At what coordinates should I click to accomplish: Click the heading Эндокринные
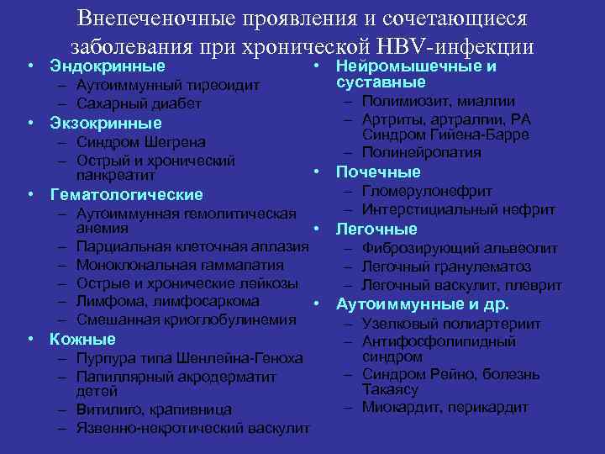coord(107,66)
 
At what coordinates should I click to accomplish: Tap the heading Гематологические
coord(126,194)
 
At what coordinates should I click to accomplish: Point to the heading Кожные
coord(82,340)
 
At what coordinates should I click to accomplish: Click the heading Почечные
coord(378,172)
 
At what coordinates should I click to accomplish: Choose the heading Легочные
coord(376,229)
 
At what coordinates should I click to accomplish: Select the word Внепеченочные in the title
coord(168,18)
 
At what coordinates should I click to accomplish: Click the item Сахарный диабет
coord(139,103)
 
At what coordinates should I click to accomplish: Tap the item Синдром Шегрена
coord(140,142)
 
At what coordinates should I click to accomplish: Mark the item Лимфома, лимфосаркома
coord(167,301)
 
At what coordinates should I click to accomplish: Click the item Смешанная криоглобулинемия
coord(186,319)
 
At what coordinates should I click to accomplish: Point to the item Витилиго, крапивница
coord(153,409)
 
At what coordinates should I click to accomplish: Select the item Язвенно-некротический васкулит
coord(192,428)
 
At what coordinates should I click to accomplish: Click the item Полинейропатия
coord(422,152)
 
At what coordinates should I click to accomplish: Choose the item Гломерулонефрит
coord(427,191)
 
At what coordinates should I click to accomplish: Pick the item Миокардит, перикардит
coord(445,407)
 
